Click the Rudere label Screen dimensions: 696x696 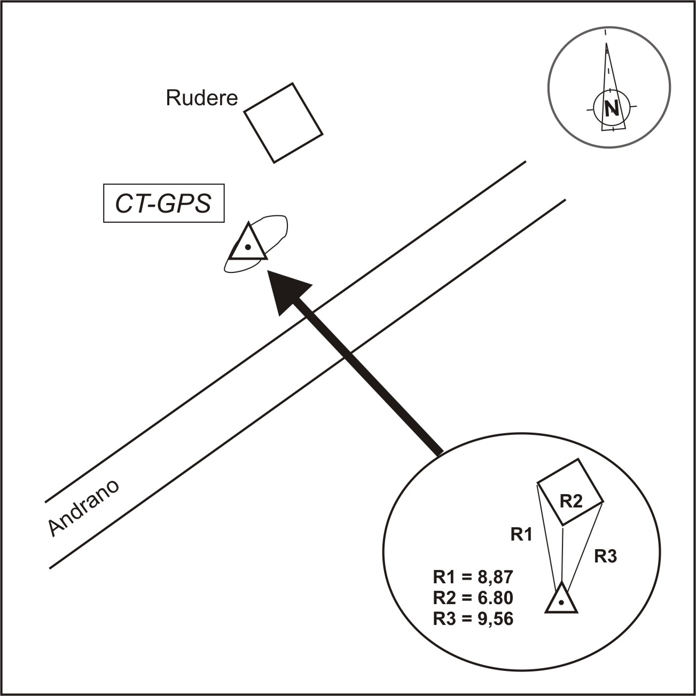point(202,98)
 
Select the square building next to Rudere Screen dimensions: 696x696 point(283,123)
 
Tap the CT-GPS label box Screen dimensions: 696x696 point(163,204)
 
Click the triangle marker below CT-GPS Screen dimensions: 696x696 point(247,245)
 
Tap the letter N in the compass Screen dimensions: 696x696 point(612,108)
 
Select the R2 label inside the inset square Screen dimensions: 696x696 point(570,501)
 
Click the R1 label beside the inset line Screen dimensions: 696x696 point(521,534)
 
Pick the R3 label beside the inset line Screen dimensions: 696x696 point(606,557)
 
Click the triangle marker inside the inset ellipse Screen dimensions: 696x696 point(561,600)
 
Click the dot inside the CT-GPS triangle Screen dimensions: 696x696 point(247,247)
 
